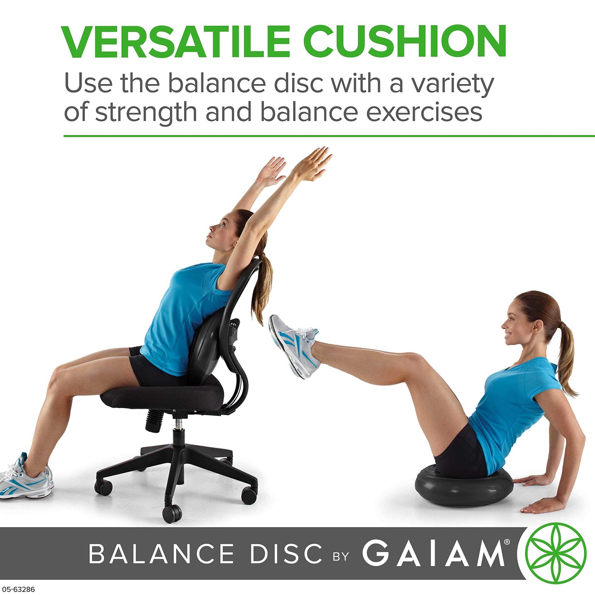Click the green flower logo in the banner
click(x=555, y=553)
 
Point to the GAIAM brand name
click(x=434, y=553)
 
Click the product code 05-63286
click(x=18, y=590)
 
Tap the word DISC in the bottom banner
click(x=286, y=553)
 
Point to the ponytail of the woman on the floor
click(x=566, y=358)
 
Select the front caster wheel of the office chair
click(x=172, y=513)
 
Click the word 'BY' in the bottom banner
click(x=341, y=557)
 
